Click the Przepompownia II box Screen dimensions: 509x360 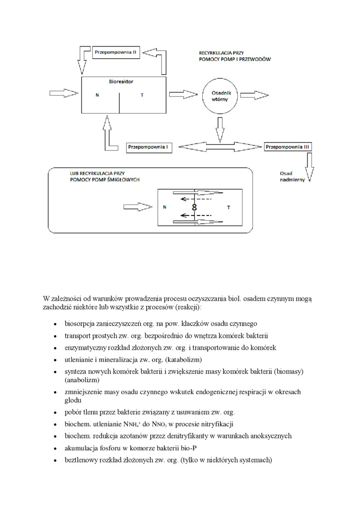(x=116, y=52)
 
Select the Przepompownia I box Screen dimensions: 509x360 (x=149, y=147)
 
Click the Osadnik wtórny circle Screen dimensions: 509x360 (x=219, y=96)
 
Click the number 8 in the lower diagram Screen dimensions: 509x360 (x=194, y=207)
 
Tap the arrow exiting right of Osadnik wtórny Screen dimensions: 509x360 (x=255, y=94)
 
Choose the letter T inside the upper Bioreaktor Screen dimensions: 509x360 (x=142, y=95)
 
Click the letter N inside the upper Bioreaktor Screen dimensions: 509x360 (x=97, y=95)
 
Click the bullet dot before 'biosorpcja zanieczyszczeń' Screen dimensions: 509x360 (x=56, y=325)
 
